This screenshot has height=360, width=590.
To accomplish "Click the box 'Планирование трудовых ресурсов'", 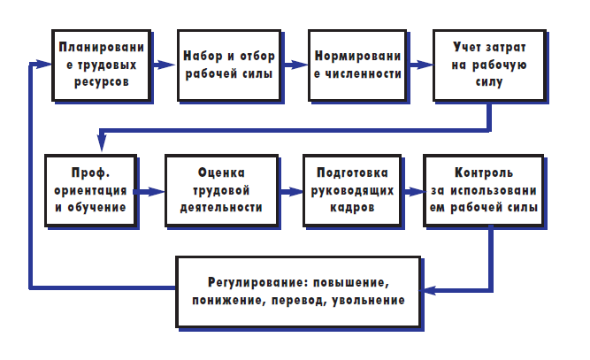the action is point(102,65).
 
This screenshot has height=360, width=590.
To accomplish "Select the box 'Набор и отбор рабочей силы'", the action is point(229,65).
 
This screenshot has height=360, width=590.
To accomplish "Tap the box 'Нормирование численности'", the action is point(357,65).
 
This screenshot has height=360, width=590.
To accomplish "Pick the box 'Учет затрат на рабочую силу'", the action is point(489,65).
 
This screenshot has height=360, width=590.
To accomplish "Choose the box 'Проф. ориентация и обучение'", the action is point(91,191).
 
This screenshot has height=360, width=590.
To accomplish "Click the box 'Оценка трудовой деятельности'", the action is point(222,191).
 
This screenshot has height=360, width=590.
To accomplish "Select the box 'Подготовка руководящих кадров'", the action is point(352,191).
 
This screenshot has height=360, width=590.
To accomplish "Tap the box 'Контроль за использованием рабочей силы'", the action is point(484,191).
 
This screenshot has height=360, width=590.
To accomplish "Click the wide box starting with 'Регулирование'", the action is point(298,292).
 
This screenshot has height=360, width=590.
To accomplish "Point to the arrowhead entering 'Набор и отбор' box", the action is point(167,65).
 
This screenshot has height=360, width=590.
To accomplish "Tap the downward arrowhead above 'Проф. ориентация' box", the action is point(102,143).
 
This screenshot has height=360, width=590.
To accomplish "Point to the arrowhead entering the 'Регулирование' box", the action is point(429,290).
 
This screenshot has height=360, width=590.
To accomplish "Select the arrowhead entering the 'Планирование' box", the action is point(42,64).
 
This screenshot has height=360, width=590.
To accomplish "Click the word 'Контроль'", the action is point(484,172).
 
